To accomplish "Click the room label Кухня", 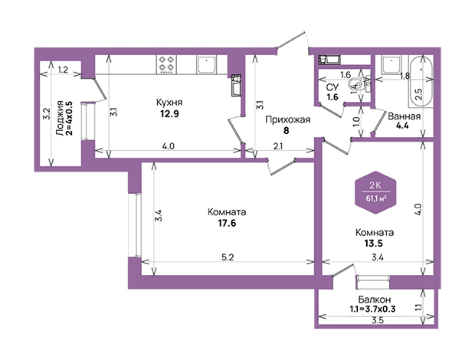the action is tap(169, 103).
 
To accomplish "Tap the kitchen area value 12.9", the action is tap(169, 114).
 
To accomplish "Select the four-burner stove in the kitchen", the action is tap(166, 64).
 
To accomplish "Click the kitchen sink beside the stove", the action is tap(206, 64).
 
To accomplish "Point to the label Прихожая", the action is tap(288, 119).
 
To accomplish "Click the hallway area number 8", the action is tap(287, 130).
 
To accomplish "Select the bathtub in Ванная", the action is tap(421, 81).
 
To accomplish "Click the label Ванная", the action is tap(404, 116).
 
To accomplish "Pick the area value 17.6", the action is tap(227, 223).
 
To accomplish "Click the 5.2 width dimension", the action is tap(228, 257).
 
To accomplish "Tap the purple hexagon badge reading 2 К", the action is tap(376, 192).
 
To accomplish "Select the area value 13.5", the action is tap(374, 243).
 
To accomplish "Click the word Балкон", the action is tap(375, 299).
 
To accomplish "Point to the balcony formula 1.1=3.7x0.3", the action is tap(373, 309).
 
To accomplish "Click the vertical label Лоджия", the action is tap(60, 117).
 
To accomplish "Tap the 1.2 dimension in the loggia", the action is tap(63, 70).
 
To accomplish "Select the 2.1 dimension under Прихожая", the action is tap(278, 146).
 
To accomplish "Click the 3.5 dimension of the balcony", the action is tap(378, 320).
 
